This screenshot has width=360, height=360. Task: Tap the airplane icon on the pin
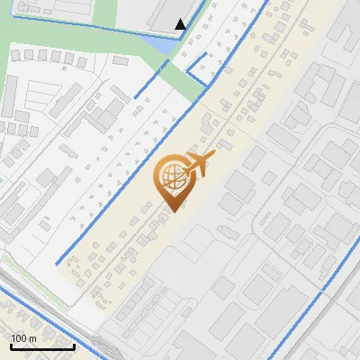pos(198,166)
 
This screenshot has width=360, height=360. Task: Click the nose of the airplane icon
pos(213,157)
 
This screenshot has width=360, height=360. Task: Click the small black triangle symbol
pos(181,24)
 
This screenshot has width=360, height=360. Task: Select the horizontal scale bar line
pos(42,346)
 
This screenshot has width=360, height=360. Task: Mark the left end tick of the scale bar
pos(11,345)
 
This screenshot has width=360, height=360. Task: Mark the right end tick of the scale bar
pos(74,345)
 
